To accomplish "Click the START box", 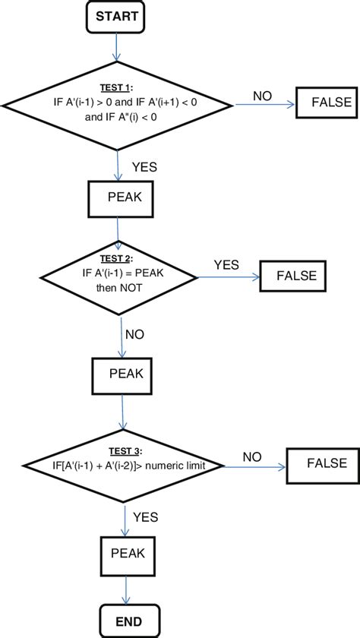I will pyautogui.click(x=116, y=16).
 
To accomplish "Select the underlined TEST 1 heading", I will pyautogui.click(x=115, y=87).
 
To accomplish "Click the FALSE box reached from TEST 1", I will pyautogui.click(x=324, y=103).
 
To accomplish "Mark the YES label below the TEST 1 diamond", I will pyautogui.click(x=145, y=167).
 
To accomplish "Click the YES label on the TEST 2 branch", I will pyautogui.click(x=226, y=265).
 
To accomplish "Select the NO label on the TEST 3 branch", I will pyautogui.click(x=253, y=456).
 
